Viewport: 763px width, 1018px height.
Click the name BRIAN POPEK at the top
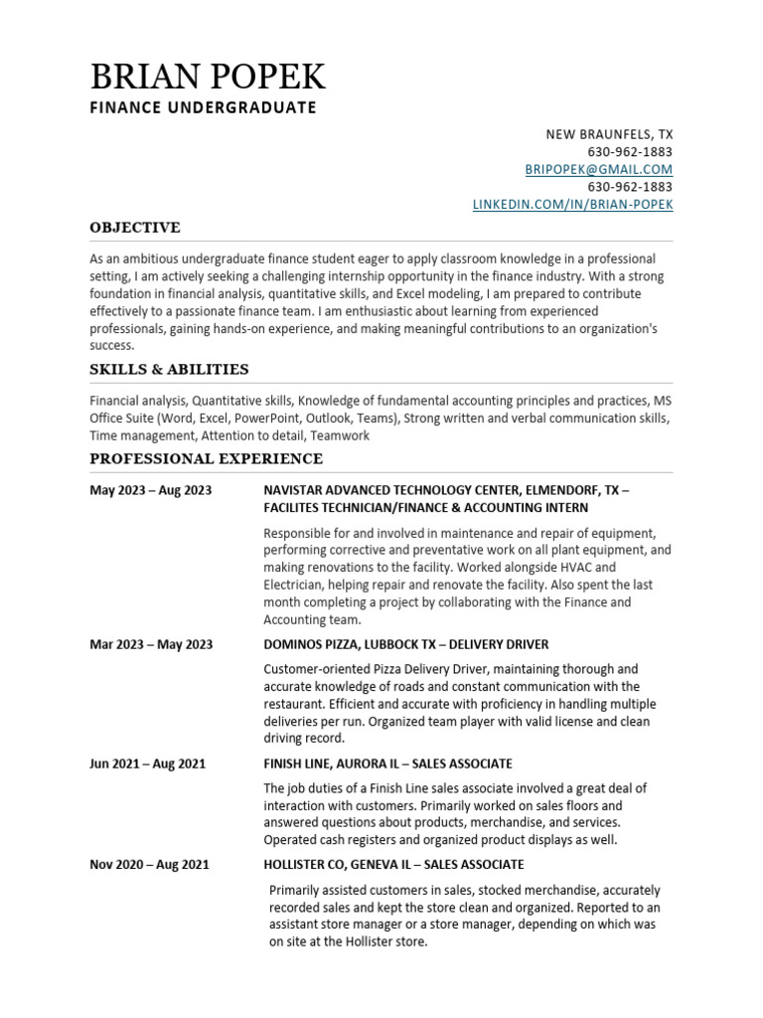[208, 77]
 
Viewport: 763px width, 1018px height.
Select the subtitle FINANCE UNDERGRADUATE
[203, 107]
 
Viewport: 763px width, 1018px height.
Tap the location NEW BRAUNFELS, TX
[609, 134]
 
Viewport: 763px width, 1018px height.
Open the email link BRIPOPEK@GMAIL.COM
[598, 169]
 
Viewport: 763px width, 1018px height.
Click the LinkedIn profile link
[571, 204]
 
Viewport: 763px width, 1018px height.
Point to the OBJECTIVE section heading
[135, 228]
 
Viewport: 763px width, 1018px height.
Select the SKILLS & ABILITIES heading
[169, 370]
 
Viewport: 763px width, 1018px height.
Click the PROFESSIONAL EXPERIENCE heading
[206, 458]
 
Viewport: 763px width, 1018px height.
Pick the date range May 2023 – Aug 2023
[150, 490]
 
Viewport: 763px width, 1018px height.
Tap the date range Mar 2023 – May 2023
[151, 644]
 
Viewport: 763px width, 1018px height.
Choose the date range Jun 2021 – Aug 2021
[147, 763]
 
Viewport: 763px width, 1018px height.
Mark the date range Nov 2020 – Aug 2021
[149, 865]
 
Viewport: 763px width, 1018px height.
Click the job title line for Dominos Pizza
[405, 644]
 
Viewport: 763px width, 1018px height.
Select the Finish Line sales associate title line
[387, 763]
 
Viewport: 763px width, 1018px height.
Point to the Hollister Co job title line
[393, 865]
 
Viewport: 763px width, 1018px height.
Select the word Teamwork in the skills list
[342, 435]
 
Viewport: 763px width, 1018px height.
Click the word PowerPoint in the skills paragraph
[266, 419]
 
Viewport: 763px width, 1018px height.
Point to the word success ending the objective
[111, 346]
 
